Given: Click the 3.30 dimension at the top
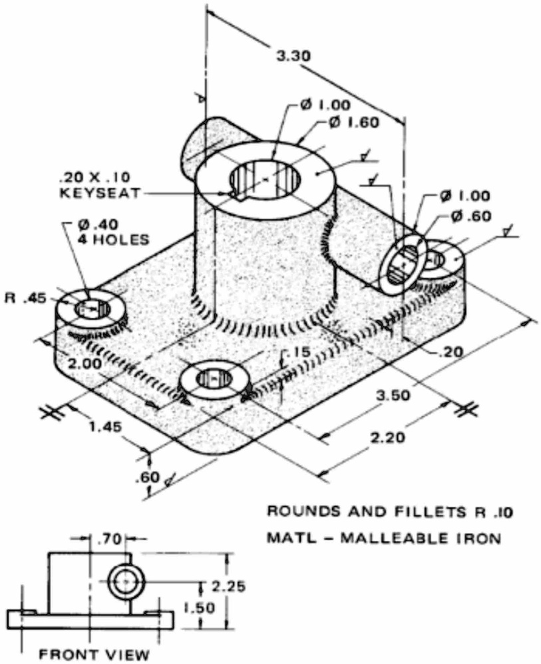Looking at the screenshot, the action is coord(293,56).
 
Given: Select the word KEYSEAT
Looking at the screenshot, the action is coord(100,193).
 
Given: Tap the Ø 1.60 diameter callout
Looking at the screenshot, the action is coord(354,123).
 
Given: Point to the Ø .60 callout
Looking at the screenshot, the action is coord(471,216).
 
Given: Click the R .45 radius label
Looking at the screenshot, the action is coord(25,298).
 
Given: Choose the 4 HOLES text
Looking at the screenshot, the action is coord(113,240).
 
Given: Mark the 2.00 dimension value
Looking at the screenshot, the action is coord(85,364).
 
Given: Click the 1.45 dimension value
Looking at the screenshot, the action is coord(105,426).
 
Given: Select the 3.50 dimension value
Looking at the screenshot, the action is coord(393,396).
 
